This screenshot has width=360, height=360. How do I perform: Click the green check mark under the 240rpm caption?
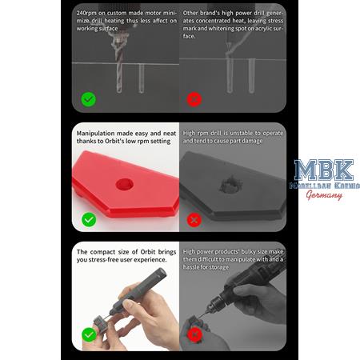coord(89,100)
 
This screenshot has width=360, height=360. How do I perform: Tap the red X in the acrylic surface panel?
coord(194,100)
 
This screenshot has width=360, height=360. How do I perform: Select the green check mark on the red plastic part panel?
coord(89,218)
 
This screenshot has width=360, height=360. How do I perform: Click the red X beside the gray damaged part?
coord(194,218)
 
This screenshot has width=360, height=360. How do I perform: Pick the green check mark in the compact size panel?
coord(89,334)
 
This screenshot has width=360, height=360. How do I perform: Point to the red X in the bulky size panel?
coord(194,334)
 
